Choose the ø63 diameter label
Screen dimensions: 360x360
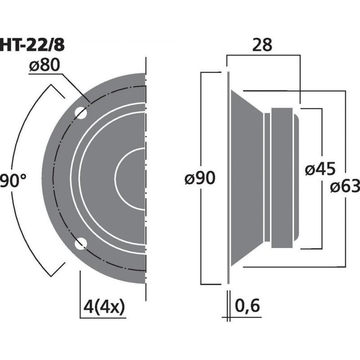345,185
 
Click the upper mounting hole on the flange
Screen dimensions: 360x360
81,112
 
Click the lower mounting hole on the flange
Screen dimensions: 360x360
81,244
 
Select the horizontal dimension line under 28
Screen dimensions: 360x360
264,55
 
